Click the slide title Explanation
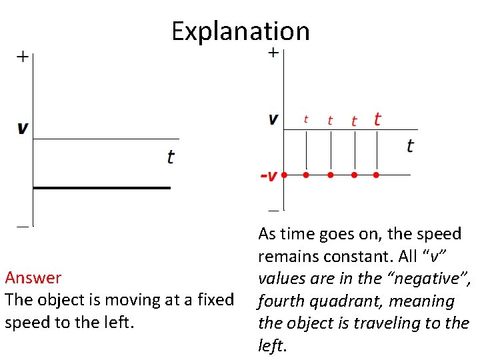click(x=240, y=31)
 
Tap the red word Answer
click(x=33, y=277)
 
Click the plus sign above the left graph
click(x=23, y=57)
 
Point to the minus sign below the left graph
click(x=23, y=227)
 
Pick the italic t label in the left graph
click(x=171, y=157)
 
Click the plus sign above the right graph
click(x=273, y=52)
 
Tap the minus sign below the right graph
click(x=273, y=209)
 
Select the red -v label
click(x=268, y=176)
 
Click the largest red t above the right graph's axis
click(x=377, y=119)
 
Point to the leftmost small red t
click(x=306, y=119)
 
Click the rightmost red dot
click(x=376, y=175)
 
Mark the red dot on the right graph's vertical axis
click(x=284, y=175)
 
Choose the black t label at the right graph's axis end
click(x=409, y=145)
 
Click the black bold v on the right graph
click(x=273, y=119)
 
